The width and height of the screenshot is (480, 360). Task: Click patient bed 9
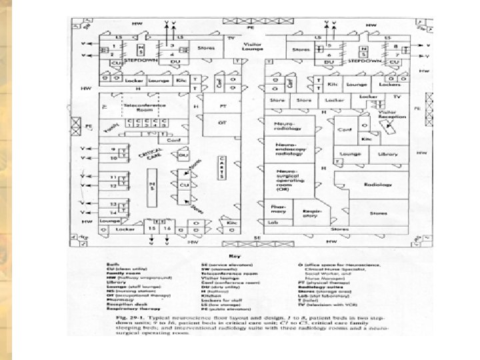[114, 149]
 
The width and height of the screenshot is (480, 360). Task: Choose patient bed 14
[114, 212]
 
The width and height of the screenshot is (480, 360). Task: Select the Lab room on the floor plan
[273, 222]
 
